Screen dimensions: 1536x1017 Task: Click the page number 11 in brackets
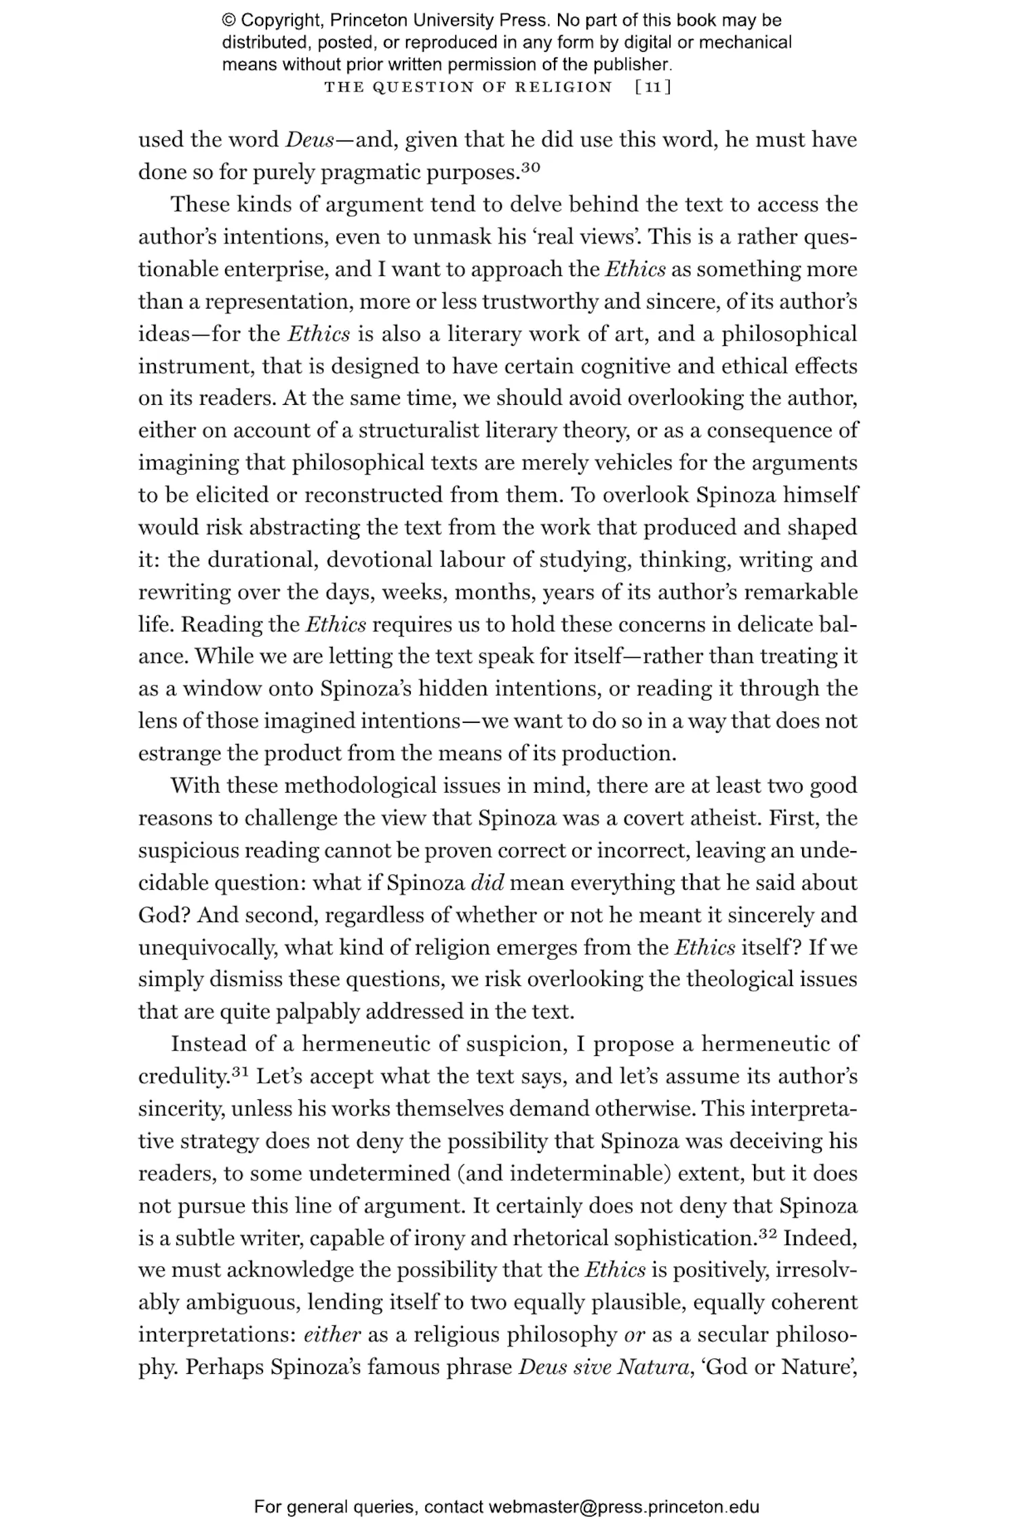[654, 87]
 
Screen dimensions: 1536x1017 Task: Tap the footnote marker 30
[530, 167]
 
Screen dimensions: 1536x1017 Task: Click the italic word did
[487, 883]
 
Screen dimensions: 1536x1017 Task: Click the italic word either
[332, 1335]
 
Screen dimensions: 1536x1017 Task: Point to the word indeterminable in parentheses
[585, 1173]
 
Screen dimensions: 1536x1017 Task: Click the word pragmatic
[370, 172]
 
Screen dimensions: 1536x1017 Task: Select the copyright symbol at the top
[229, 20]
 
